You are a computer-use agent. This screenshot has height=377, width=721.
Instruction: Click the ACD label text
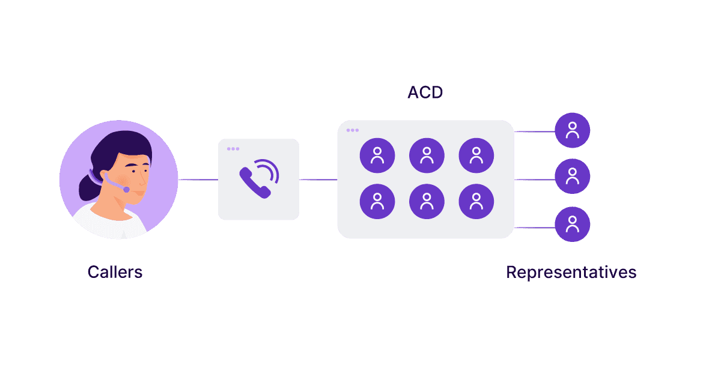click(x=425, y=93)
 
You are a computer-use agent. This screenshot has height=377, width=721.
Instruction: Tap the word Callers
click(x=115, y=272)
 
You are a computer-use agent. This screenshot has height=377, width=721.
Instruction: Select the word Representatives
click(x=571, y=272)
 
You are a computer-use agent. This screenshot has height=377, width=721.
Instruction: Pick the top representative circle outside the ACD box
click(x=573, y=130)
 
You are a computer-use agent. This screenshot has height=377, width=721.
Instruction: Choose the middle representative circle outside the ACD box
click(x=573, y=176)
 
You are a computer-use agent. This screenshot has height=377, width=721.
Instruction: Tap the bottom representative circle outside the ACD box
click(x=573, y=225)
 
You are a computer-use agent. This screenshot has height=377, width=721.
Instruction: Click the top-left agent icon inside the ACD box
click(x=377, y=155)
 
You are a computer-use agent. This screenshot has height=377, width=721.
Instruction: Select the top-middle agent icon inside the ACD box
click(x=427, y=155)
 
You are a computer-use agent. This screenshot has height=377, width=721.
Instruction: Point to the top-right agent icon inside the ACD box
click(x=476, y=155)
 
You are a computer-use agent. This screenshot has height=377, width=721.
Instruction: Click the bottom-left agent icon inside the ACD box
click(x=377, y=201)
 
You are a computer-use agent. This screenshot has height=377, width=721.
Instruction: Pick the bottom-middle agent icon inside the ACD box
click(x=427, y=201)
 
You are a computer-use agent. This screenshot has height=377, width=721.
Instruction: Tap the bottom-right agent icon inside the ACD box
click(x=476, y=201)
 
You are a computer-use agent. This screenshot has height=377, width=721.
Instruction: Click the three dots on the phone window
click(x=233, y=148)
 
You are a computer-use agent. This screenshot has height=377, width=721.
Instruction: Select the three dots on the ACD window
click(x=353, y=130)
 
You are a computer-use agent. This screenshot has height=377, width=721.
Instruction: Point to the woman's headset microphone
click(x=126, y=189)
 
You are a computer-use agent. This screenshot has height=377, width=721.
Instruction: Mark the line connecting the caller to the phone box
click(x=198, y=179)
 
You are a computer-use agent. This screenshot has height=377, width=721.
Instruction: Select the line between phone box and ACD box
click(x=318, y=179)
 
